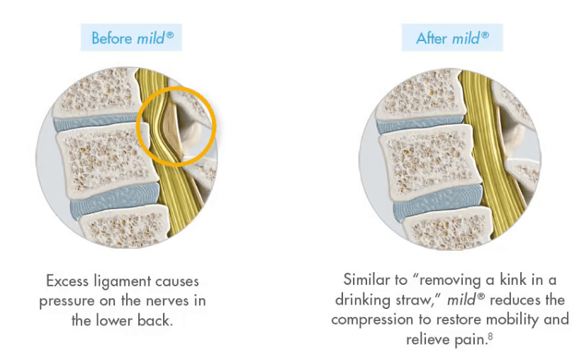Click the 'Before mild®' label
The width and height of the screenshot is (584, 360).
coord(132,37)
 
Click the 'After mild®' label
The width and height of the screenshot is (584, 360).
coord(452,37)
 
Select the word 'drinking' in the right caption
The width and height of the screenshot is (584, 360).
coord(371,299)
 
